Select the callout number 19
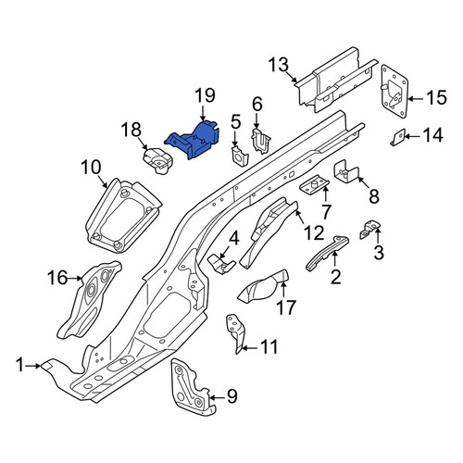[205, 95]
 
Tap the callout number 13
[279, 65]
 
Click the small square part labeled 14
[399, 137]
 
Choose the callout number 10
[92, 167]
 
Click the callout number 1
[20, 365]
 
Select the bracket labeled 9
[191, 387]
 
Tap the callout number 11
[269, 347]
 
